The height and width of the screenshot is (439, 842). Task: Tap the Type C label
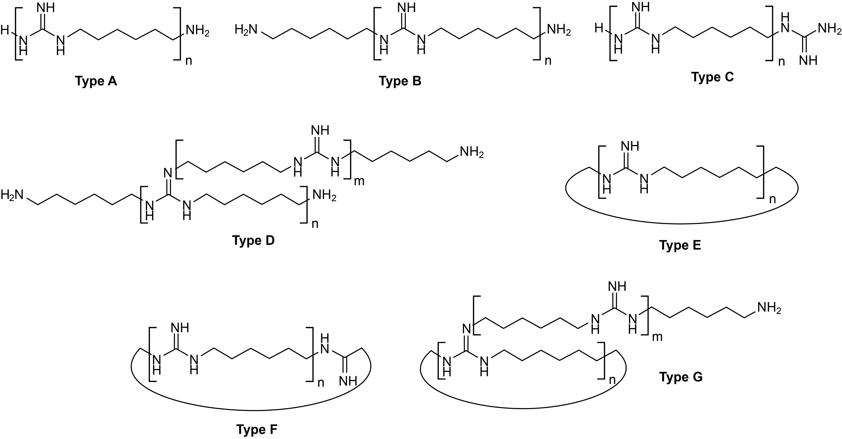pos(713,77)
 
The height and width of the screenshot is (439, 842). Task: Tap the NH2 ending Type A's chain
pos(197,31)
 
